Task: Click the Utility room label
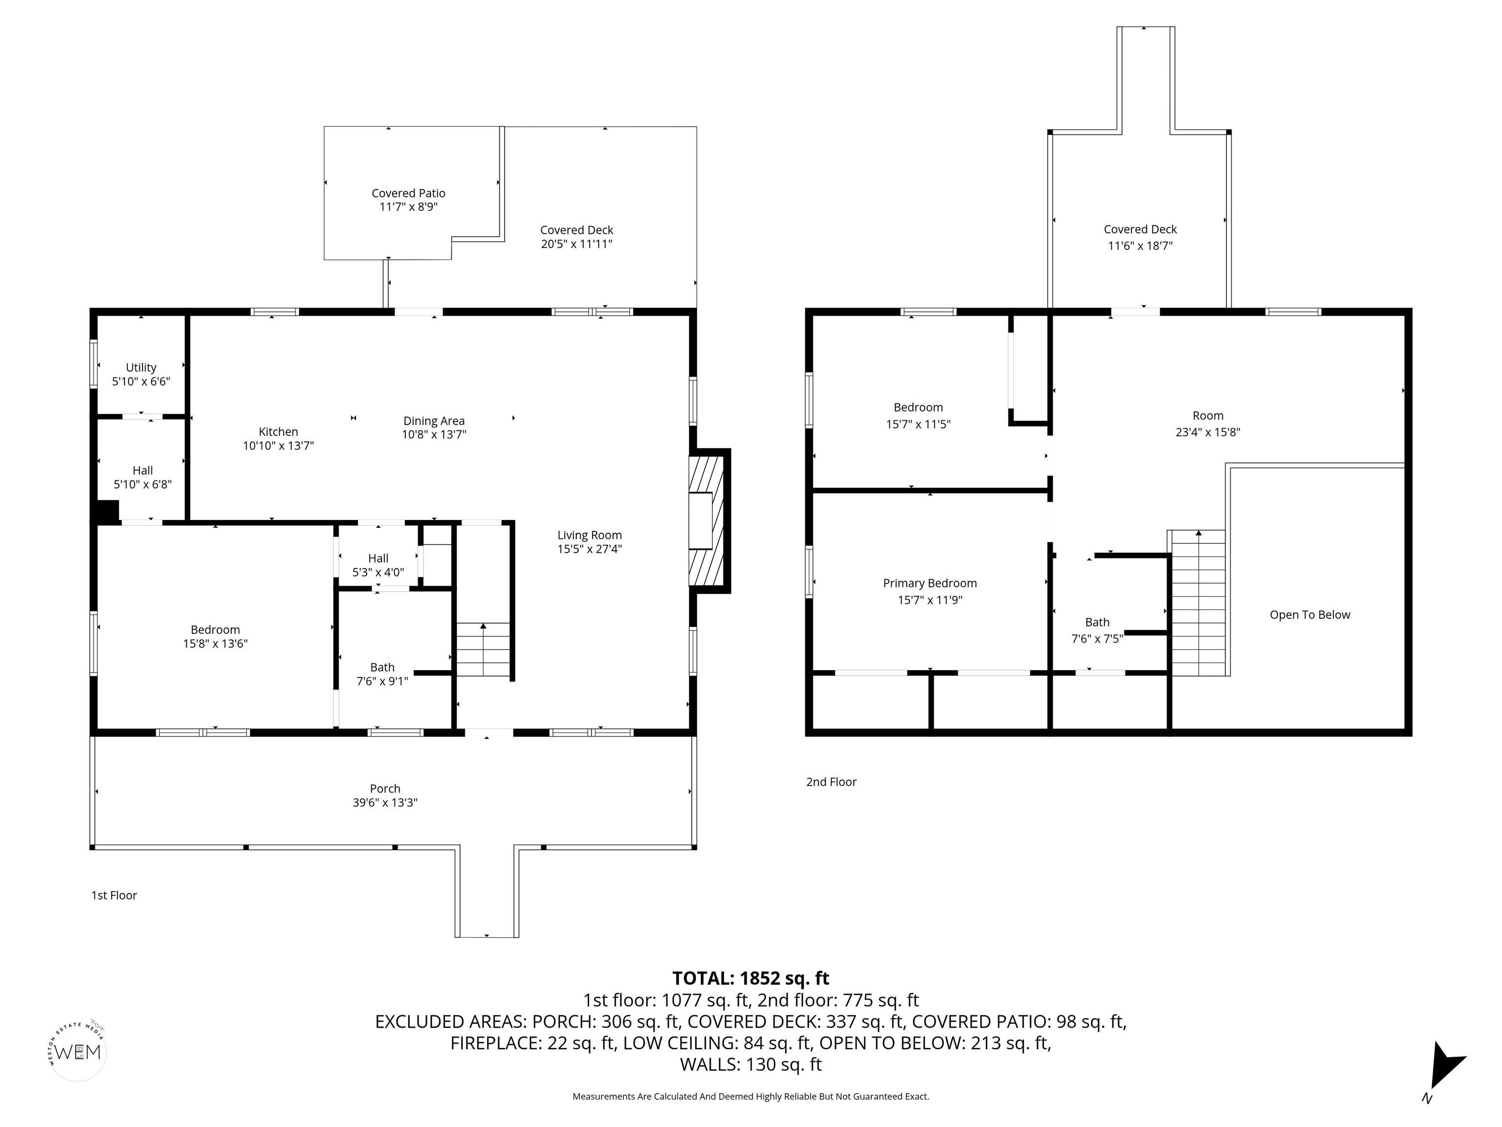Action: click(x=141, y=367)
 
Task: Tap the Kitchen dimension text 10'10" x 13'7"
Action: click(x=278, y=446)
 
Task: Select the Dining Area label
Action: click(x=434, y=421)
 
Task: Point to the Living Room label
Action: click(x=589, y=535)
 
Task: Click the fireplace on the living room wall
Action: click(x=709, y=520)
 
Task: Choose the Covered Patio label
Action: click(x=408, y=194)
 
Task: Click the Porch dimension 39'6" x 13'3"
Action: click(x=385, y=802)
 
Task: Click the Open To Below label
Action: click(x=1310, y=615)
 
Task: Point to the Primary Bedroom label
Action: click(x=929, y=584)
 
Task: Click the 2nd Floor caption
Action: click(x=831, y=782)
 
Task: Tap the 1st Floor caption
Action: click(x=114, y=895)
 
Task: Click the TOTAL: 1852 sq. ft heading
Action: click(x=751, y=978)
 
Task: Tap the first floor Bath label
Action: click(x=382, y=668)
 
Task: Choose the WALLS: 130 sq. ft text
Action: click(x=751, y=1064)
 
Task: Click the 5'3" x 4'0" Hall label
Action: click(x=378, y=572)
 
